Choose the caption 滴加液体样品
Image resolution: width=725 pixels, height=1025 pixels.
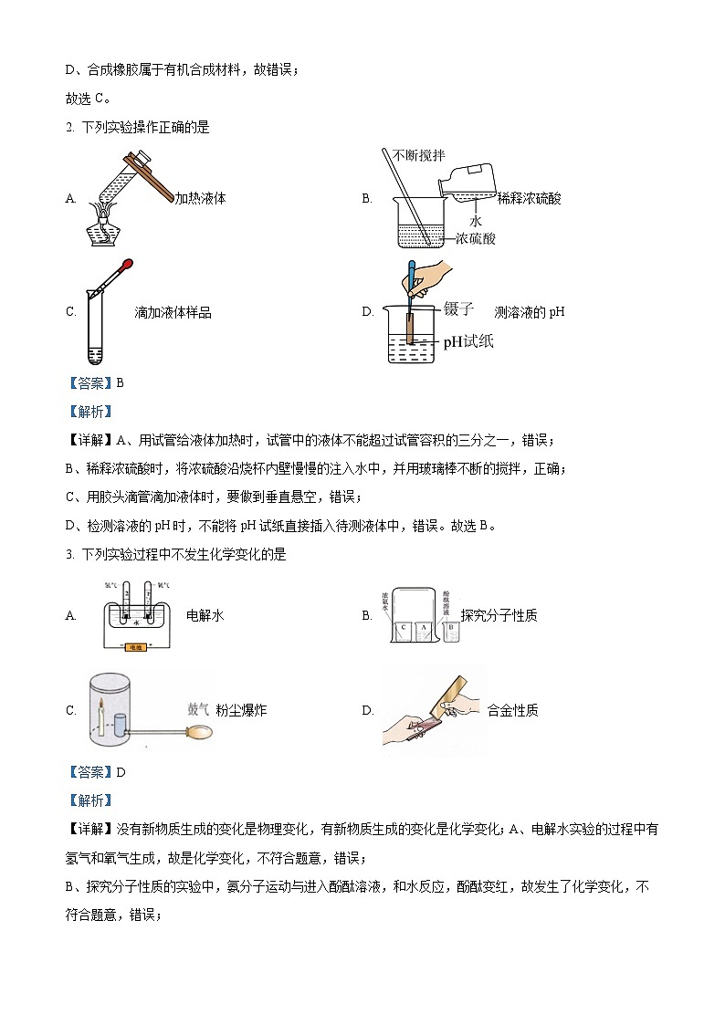point(173,312)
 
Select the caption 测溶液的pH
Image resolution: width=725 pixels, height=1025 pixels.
point(530,312)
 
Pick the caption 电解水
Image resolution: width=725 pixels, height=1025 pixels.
point(205,615)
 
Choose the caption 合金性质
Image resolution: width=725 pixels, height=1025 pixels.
point(512,709)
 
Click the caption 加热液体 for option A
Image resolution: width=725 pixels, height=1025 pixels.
point(200,198)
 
